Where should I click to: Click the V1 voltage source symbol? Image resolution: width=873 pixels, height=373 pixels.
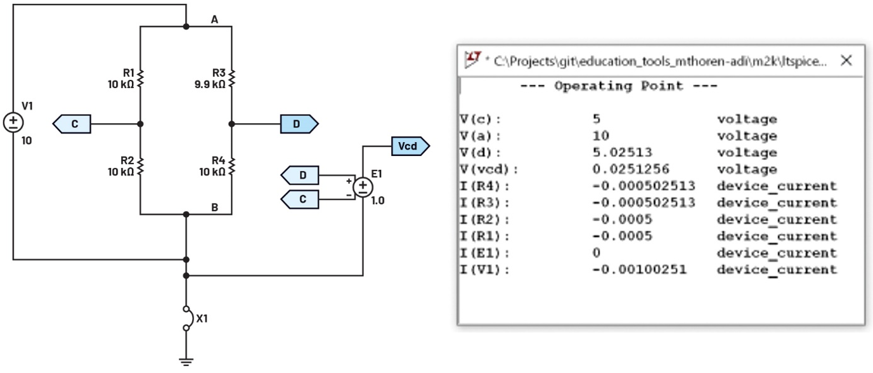(x=13, y=122)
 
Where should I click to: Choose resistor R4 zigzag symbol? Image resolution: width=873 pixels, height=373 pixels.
(x=232, y=167)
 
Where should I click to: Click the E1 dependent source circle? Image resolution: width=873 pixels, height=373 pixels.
(x=363, y=186)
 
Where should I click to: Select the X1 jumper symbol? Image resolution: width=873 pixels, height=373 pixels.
(x=186, y=318)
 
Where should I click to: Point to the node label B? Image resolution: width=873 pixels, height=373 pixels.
(x=215, y=206)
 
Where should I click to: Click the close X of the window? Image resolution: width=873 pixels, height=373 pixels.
(x=845, y=61)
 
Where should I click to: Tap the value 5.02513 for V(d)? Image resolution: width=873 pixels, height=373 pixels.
(x=621, y=153)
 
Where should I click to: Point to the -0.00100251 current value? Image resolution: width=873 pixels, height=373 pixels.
(x=639, y=270)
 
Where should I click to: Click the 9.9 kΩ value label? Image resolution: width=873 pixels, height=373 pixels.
(x=210, y=84)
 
